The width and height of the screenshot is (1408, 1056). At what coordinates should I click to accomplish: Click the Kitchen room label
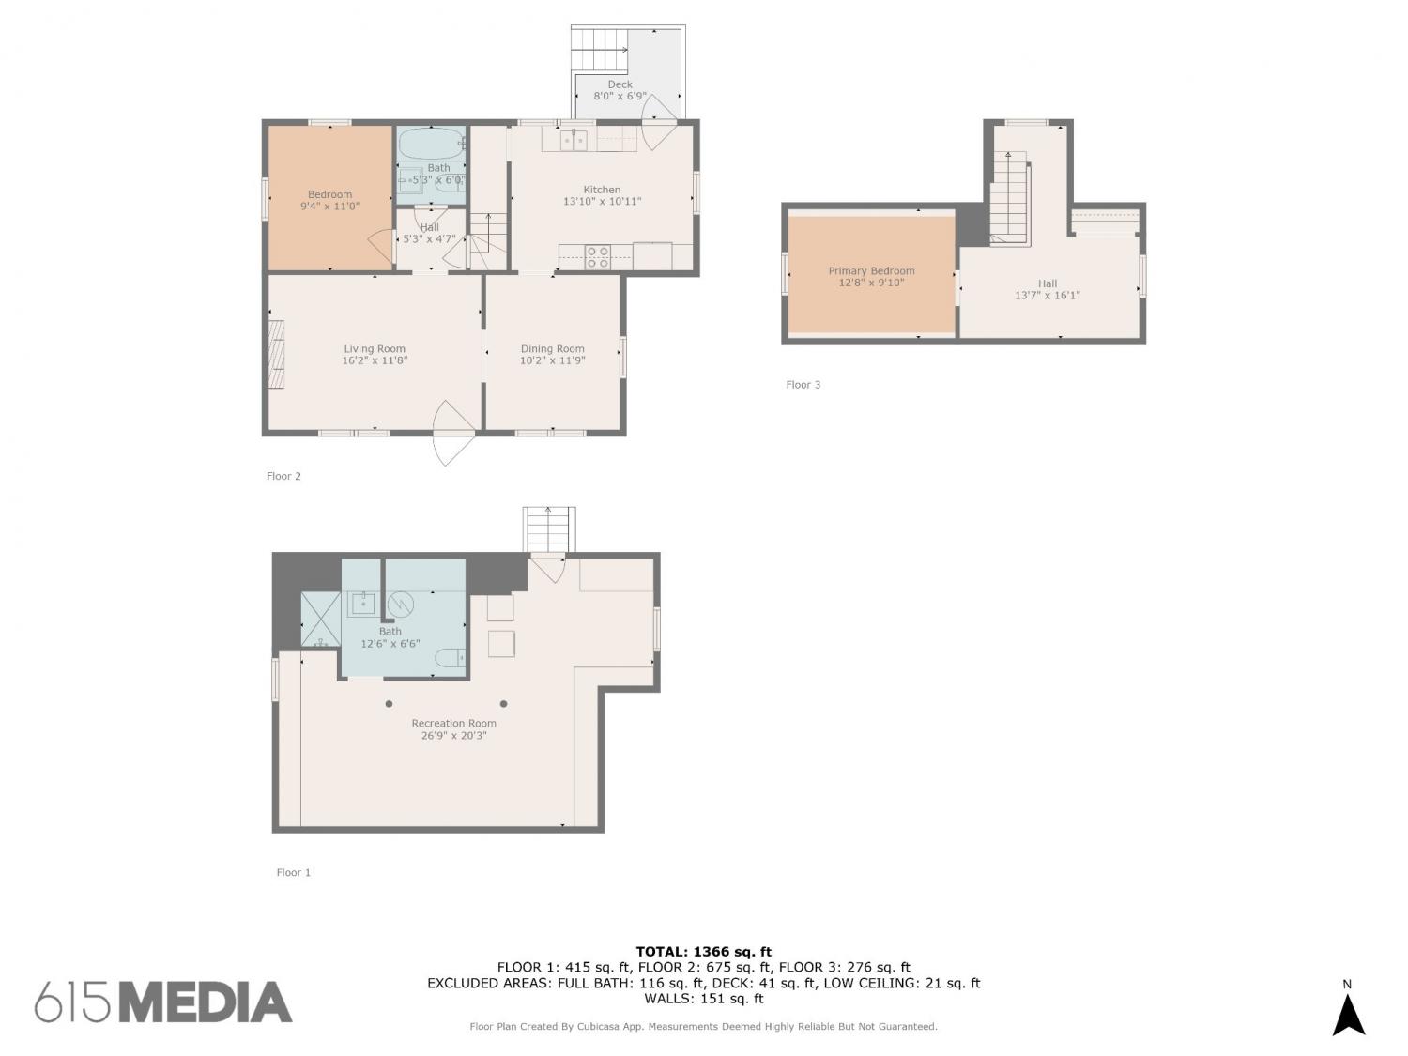pyautogui.click(x=601, y=190)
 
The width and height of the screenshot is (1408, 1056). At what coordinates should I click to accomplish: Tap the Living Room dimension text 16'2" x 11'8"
pyautogui.click(x=374, y=360)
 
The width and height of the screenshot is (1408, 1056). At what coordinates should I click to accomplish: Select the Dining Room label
pyautogui.click(x=552, y=349)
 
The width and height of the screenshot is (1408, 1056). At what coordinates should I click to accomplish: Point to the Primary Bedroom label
pyautogui.click(x=871, y=270)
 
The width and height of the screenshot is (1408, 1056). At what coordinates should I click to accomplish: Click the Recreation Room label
pyautogui.click(x=453, y=723)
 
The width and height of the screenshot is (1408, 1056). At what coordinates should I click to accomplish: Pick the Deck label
pyautogui.click(x=620, y=84)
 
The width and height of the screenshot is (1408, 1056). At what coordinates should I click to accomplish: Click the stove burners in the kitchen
pyautogui.click(x=597, y=257)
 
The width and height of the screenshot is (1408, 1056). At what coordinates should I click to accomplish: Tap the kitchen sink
pyautogui.click(x=574, y=140)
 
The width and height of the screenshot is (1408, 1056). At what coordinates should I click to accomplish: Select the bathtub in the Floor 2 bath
pyautogui.click(x=431, y=143)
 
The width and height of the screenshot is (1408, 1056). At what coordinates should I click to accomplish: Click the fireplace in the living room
pyautogui.click(x=276, y=354)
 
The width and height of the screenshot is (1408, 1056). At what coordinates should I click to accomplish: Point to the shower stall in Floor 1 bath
pyautogui.click(x=320, y=620)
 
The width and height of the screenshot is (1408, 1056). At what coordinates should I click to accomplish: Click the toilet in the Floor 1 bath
pyautogui.click(x=450, y=658)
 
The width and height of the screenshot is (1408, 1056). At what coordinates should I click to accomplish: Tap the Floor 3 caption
pyautogui.click(x=803, y=385)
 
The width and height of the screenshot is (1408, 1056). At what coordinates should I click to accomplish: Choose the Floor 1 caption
pyautogui.click(x=293, y=872)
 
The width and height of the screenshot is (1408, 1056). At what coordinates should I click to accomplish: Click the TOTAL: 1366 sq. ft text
pyautogui.click(x=704, y=952)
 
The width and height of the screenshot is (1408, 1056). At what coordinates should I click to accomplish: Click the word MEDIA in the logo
pyautogui.click(x=206, y=1002)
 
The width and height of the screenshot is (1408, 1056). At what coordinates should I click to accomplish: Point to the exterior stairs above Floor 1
pyautogui.click(x=548, y=529)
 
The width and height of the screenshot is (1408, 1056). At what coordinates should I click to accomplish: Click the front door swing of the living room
pyautogui.click(x=452, y=434)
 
